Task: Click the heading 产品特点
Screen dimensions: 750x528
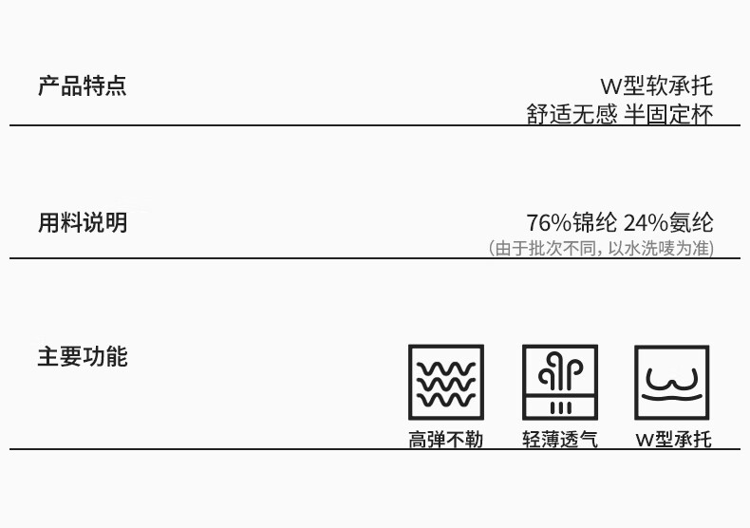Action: click(82, 86)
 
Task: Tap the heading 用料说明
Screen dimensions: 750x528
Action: click(82, 223)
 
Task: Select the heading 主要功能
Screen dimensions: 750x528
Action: click(82, 357)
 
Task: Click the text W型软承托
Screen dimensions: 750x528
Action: click(656, 86)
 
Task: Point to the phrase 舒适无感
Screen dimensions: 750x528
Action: click(572, 114)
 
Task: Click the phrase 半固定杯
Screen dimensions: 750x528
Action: click(668, 114)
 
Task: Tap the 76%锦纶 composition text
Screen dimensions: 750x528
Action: click(572, 223)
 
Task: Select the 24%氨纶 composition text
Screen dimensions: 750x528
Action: click(668, 223)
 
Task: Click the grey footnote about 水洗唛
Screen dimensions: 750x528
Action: click(601, 248)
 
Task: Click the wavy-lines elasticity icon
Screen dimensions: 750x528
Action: click(446, 382)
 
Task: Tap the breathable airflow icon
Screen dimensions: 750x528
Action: click(560, 382)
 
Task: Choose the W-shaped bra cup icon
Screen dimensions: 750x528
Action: click(672, 382)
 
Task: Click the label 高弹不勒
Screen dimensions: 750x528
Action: click(446, 439)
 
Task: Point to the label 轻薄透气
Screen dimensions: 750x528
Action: click(560, 439)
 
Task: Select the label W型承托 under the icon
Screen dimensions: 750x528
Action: click(672, 439)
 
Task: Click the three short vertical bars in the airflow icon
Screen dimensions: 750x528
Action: click(560, 407)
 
